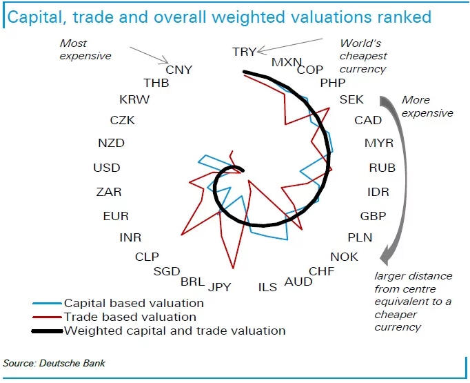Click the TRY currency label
(244, 52)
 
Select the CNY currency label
(179, 70)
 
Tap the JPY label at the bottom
(220, 286)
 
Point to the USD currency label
(107, 168)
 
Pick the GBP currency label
(374, 215)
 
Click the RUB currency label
(382, 168)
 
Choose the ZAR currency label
(109, 192)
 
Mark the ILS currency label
(267, 286)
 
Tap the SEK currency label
(351, 100)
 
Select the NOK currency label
(345, 257)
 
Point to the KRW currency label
(134, 100)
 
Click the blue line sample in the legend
(46, 303)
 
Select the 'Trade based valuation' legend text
(130, 317)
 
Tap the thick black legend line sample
(46, 331)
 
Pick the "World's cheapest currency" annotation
(363, 56)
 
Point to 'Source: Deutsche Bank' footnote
(54, 363)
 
